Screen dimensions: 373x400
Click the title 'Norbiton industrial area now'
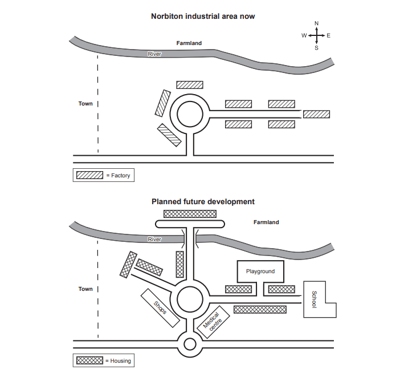point(202,17)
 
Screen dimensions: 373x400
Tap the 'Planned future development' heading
point(203,201)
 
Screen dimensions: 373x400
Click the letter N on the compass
point(317,23)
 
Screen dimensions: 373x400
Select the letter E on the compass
point(329,35)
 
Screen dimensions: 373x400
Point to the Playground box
point(260,271)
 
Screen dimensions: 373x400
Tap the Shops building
point(160,308)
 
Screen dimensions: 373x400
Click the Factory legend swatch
point(89,175)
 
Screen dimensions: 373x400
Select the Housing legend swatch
point(89,360)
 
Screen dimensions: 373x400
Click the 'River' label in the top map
point(154,54)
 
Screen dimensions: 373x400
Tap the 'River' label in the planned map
point(154,240)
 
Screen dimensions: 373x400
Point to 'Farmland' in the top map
point(189,43)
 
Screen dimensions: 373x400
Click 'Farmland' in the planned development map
point(266,222)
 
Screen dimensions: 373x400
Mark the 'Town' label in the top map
point(85,104)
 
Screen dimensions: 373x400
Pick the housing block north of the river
point(190,213)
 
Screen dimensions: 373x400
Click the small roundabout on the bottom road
point(190,344)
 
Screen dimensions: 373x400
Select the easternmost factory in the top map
point(316,114)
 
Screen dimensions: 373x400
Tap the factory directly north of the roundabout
point(189,84)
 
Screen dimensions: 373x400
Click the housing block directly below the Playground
point(238,289)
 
